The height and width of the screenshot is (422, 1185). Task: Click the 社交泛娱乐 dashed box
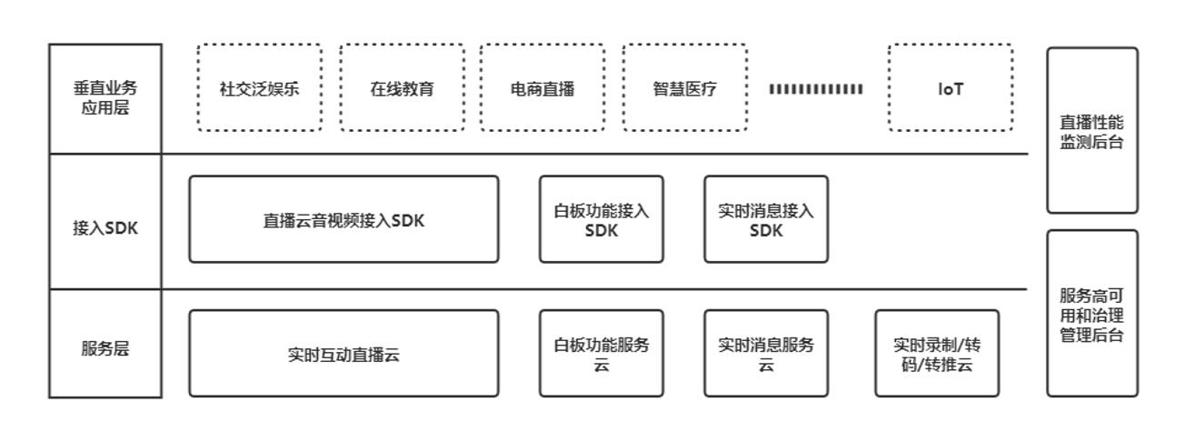[259, 88]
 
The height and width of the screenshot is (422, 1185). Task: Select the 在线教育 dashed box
[402, 88]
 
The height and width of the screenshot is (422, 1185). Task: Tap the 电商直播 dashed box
[543, 88]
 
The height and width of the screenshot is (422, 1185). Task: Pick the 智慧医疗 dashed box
[685, 88]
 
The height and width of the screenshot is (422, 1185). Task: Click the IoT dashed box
[951, 88]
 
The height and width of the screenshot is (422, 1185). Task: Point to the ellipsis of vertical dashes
[816, 89]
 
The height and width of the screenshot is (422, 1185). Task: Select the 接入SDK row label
[105, 227]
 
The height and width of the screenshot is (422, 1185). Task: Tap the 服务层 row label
[105, 349]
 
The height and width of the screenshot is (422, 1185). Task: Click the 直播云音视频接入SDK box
[344, 219]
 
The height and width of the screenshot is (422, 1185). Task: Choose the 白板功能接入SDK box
[602, 219]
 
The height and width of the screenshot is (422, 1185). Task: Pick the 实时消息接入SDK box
[766, 219]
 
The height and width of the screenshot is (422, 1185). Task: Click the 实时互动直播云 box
[344, 354]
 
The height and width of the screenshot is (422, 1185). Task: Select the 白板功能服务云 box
[602, 354]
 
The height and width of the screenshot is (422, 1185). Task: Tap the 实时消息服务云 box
[766, 354]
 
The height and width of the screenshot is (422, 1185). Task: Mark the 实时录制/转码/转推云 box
[937, 354]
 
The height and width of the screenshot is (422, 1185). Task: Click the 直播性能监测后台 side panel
[1092, 131]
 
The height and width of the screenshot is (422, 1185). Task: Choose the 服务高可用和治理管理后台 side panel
[1092, 314]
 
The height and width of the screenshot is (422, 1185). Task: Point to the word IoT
[951, 89]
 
